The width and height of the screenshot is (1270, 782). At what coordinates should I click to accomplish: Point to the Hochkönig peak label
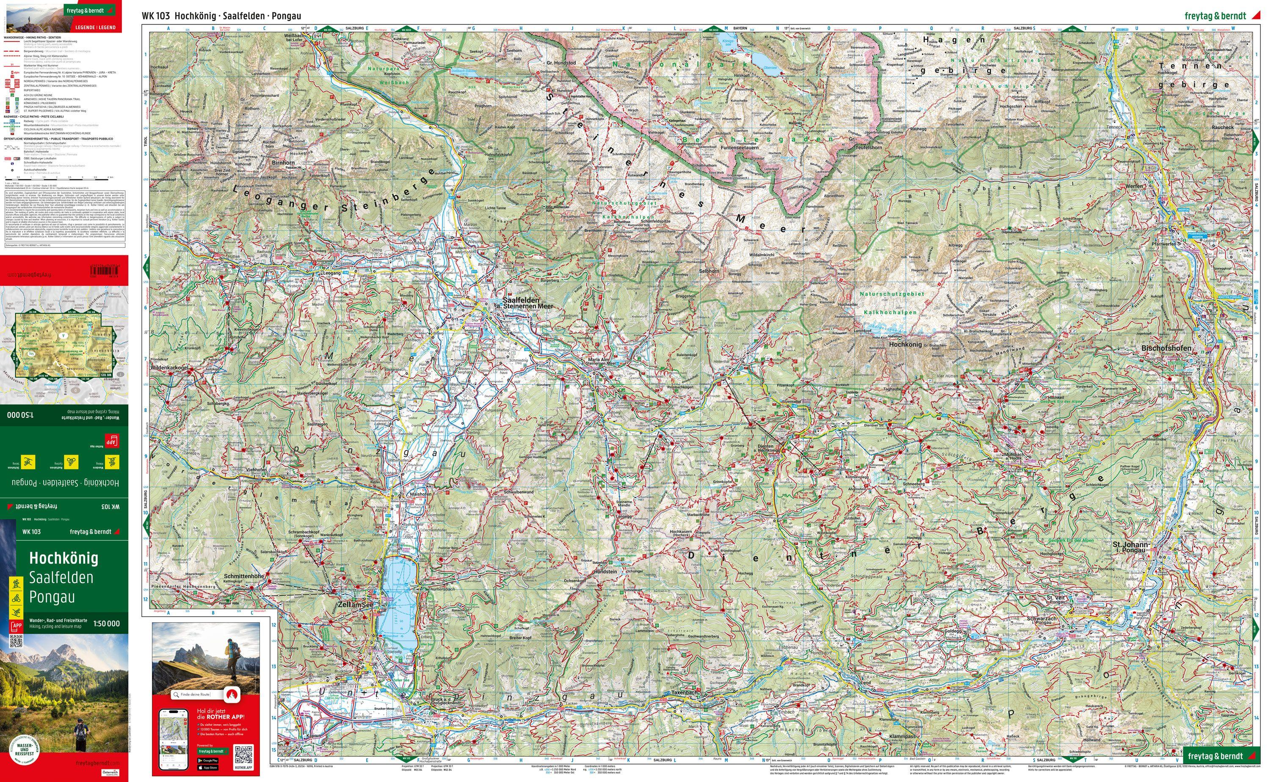pos(905,344)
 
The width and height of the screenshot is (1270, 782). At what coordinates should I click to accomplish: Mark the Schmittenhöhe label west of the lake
pos(245,576)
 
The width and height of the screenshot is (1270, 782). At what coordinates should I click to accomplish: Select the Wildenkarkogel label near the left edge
pos(169,368)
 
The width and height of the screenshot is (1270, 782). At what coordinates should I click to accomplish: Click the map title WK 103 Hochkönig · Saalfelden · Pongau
pos(221,16)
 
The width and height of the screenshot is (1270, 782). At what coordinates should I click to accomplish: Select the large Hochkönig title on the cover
pos(63,558)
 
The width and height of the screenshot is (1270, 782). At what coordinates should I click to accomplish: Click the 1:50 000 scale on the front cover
pos(106,624)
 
